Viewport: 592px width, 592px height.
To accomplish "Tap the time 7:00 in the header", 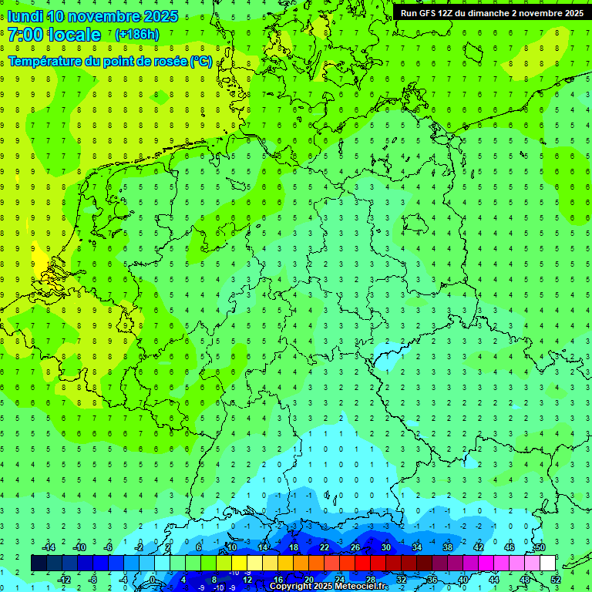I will point(25,35).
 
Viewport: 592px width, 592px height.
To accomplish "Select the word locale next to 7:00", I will point(74,35).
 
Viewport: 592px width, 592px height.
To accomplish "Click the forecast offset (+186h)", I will point(136,35).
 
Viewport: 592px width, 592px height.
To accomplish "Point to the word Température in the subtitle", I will point(48,61).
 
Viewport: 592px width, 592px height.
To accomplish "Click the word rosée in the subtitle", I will point(169,61).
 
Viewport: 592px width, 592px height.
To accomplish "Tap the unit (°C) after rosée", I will point(201,61).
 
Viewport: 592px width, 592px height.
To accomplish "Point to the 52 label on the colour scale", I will point(556,579).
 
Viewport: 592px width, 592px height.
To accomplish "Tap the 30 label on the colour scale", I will point(385,547).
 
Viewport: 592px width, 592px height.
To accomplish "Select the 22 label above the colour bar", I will point(325,547).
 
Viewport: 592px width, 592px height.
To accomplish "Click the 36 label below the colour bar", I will point(432,579).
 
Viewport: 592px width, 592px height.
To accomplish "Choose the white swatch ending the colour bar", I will point(547,563).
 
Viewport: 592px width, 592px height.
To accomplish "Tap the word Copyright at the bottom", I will point(291,587).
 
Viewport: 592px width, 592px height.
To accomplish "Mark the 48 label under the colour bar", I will point(525,579).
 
